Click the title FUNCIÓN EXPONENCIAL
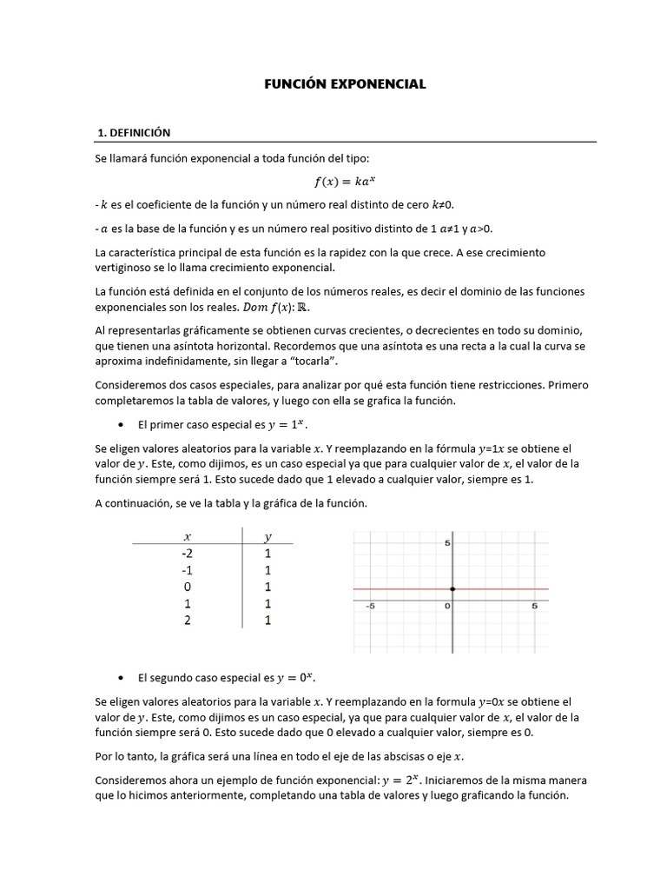tap(346, 84)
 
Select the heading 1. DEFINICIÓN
tap(134, 132)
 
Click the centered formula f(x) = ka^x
tap(346, 181)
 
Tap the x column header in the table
tap(188, 536)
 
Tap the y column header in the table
tap(267, 536)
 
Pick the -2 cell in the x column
tap(187, 553)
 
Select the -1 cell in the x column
tap(187, 570)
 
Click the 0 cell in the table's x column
tap(187, 587)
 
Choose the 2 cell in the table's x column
tap(187, 620)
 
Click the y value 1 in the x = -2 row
tap(267, 553)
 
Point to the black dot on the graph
tap(452, 589)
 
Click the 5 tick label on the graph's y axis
tap(447, 543)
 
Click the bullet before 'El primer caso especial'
tap(120, 425)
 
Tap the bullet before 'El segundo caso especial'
tap(120, 677)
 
